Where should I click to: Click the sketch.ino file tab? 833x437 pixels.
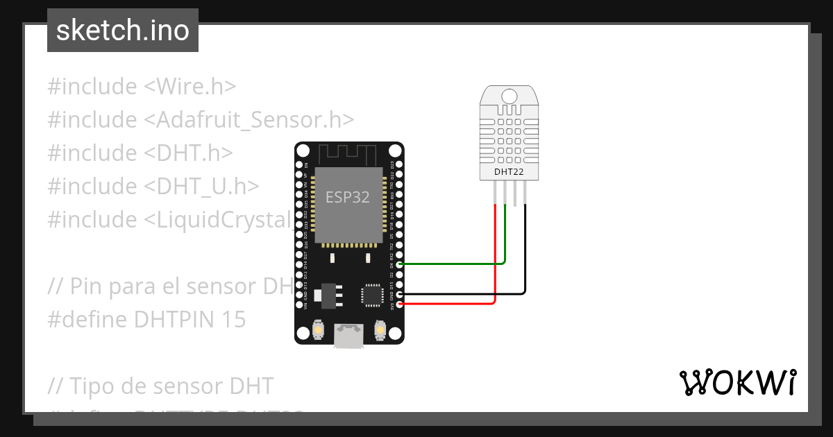(123, 31)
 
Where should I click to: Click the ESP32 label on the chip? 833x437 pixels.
(348, 197)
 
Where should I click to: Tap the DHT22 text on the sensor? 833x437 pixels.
(508, 172)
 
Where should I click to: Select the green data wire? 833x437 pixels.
(451, 264)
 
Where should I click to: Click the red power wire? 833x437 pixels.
(451, 304)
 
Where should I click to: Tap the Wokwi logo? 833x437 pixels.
(737, 382)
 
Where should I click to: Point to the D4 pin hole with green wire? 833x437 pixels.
(399, 264)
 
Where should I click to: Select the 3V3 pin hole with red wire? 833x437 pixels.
(399, 305)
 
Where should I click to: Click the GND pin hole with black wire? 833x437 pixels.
(399, 295)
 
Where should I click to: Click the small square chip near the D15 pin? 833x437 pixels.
(371, 295)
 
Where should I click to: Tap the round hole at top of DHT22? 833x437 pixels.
(509, 95)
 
